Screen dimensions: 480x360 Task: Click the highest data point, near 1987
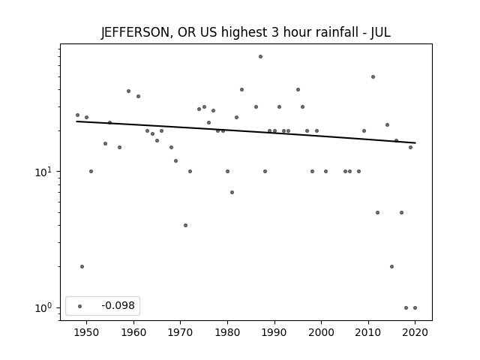(260, 57)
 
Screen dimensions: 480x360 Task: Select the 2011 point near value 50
(373, 76)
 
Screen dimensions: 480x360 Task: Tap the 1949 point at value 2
(82, 267)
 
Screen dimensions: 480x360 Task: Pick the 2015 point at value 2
(391, 267)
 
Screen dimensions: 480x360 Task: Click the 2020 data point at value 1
(415, 308)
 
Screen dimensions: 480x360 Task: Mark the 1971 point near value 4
(185, 225)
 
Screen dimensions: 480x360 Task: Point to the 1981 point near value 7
(232, 192)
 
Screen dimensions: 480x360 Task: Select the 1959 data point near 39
(128, 91)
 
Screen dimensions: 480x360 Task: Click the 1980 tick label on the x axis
(227, 332)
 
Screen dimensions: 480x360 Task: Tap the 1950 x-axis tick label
(87, 332)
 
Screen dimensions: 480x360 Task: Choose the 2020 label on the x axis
(415, 332)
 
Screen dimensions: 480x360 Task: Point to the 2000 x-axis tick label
(321, 332)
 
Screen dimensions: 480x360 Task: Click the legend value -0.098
(118, 305)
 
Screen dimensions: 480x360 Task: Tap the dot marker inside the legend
(80, 306)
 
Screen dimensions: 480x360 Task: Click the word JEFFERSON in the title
(135, 32)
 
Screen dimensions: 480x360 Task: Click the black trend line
(246, 132)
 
